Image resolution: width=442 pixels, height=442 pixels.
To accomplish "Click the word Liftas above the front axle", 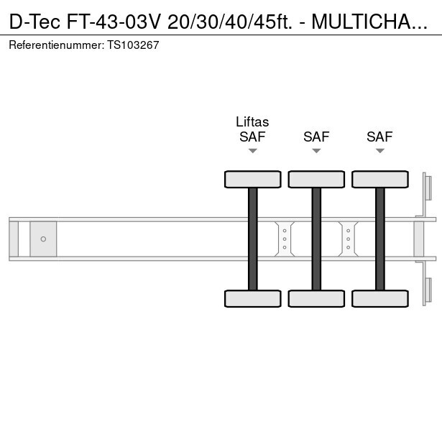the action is pos(252,122).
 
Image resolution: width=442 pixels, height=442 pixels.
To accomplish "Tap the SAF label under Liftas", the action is pos(252,137).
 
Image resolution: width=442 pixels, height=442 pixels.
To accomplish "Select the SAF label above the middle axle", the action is pos(316,137).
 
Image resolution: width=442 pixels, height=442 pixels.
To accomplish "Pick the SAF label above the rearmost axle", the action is pos(379,137).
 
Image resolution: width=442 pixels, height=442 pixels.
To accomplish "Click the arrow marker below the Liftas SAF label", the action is pos(252,151).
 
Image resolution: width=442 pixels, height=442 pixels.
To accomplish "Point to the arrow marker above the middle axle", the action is pos(316,151).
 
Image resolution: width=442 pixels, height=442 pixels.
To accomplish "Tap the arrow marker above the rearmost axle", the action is pos(380,151).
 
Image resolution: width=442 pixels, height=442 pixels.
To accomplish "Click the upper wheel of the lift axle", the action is pos(252,179).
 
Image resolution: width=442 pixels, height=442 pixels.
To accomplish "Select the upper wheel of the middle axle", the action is pos(316,179).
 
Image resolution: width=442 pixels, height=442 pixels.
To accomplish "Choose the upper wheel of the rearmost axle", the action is pos(380,179).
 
